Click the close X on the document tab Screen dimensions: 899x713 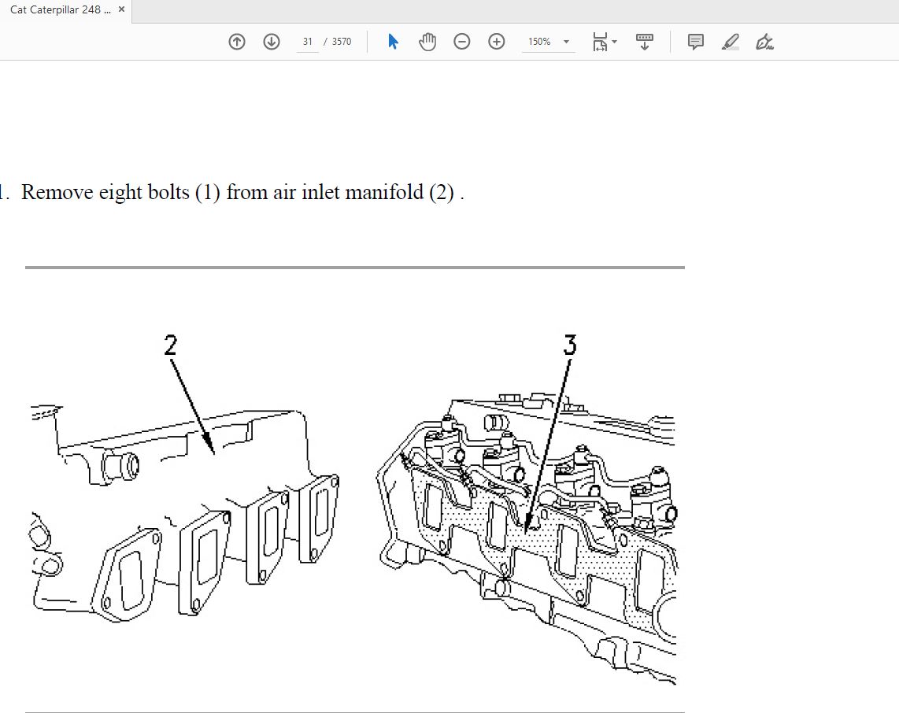121,9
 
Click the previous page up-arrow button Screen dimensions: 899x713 237,42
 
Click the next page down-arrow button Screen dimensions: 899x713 271,42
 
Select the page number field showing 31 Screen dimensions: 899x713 308,42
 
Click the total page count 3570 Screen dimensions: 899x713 342,42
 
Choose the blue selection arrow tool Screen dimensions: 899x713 393,41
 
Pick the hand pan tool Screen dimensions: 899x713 427,42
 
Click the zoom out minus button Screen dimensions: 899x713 461,42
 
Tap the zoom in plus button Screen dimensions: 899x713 497,42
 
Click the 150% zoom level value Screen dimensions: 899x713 539,42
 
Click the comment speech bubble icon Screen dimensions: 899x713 695,42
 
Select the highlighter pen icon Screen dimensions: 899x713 730,42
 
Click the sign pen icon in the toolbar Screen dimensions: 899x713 765,42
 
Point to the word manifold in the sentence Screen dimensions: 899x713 384,192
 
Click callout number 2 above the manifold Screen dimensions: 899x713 171,345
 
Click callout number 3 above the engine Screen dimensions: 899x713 570,345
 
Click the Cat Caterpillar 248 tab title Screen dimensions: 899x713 60,9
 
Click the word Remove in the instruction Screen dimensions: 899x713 57,192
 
